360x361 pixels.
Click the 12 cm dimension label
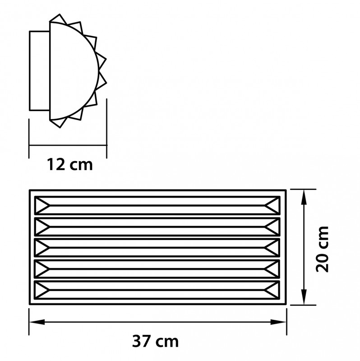pos(70,164)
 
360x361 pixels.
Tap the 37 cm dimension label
pos(155,341)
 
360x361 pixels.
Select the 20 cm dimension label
pos(322,249)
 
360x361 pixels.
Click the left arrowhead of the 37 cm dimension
pos(37,322)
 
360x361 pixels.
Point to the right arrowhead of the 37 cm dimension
pos(278,322)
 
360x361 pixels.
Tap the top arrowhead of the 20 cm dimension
pos(305,197)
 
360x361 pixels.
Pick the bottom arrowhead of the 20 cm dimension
pos(305,297)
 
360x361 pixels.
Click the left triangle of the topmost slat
pos(42,205)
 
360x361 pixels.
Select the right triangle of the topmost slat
pos(273,205)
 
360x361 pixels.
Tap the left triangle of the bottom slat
pos(42,290)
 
